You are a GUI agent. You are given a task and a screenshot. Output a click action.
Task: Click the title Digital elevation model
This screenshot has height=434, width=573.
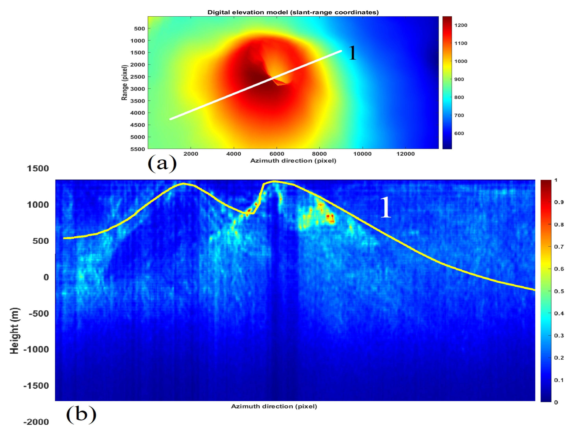tap(293, 12)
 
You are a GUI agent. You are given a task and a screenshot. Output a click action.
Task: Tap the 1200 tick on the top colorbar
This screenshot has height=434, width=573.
tap(461, 25)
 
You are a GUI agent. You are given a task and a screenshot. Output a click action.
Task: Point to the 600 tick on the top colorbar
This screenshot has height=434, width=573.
tap(459, 133)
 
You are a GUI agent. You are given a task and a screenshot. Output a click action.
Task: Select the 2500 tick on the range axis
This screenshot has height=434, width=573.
tap(138, 77)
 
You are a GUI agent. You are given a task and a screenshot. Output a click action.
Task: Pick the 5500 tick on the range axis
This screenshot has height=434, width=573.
tap(138, 149)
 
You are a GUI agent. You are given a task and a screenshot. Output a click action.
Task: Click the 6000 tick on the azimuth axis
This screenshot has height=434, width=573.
tap(276, 154)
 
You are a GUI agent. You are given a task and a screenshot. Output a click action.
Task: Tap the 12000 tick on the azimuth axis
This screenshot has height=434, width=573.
tap(405, 154)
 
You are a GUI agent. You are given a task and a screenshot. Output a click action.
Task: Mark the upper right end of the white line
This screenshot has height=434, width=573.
tap(341, 51)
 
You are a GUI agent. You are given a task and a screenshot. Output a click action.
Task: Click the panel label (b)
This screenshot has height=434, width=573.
tap(81, 415)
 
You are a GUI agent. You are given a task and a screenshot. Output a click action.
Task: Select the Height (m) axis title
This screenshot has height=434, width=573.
tap(15, 331)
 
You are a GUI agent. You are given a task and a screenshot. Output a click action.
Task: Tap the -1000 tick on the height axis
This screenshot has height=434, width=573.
tap(36, 349)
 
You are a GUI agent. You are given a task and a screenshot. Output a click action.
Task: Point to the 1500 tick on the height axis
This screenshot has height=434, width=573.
tap(38, 168)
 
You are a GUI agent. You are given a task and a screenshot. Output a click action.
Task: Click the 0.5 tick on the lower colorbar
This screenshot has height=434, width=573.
tap(559, 291)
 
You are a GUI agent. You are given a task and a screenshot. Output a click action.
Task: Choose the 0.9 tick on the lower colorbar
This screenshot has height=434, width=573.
tap(559, 202)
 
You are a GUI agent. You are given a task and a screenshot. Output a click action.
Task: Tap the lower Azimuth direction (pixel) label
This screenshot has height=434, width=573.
tap(274, 406)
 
